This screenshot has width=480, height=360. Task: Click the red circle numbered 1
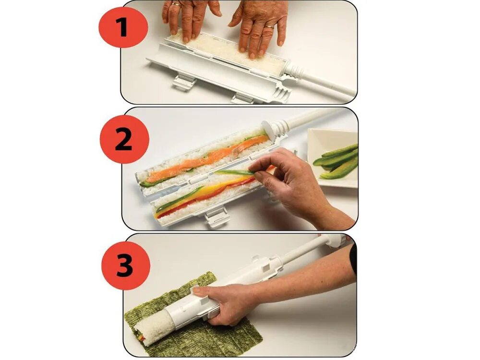pos(123,28)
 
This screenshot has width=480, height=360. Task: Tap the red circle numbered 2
pos(124,140)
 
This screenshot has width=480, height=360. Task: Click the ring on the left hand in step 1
pos(176,4)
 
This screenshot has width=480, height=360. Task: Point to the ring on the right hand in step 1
pos(269,26)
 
